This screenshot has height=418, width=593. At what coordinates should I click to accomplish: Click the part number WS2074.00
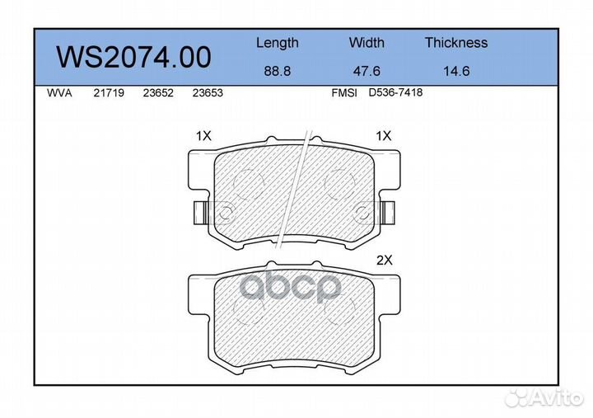(133, 57)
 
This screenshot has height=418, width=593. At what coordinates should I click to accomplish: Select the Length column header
(278, 43)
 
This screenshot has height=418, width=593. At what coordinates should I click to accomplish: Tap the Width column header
(367, 42)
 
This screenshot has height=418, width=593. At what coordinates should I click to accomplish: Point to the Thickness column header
(456, 42)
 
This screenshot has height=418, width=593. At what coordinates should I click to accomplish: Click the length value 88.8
(278, 71)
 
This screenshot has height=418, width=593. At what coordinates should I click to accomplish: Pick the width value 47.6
(367, 71)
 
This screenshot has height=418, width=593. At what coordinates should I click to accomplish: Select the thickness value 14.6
(456, 71)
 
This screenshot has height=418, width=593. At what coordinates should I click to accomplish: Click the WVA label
(59, 93)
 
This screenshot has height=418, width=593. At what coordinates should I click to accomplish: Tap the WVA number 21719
(109, 93)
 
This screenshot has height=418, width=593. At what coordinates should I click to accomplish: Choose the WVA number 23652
(158, 93)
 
